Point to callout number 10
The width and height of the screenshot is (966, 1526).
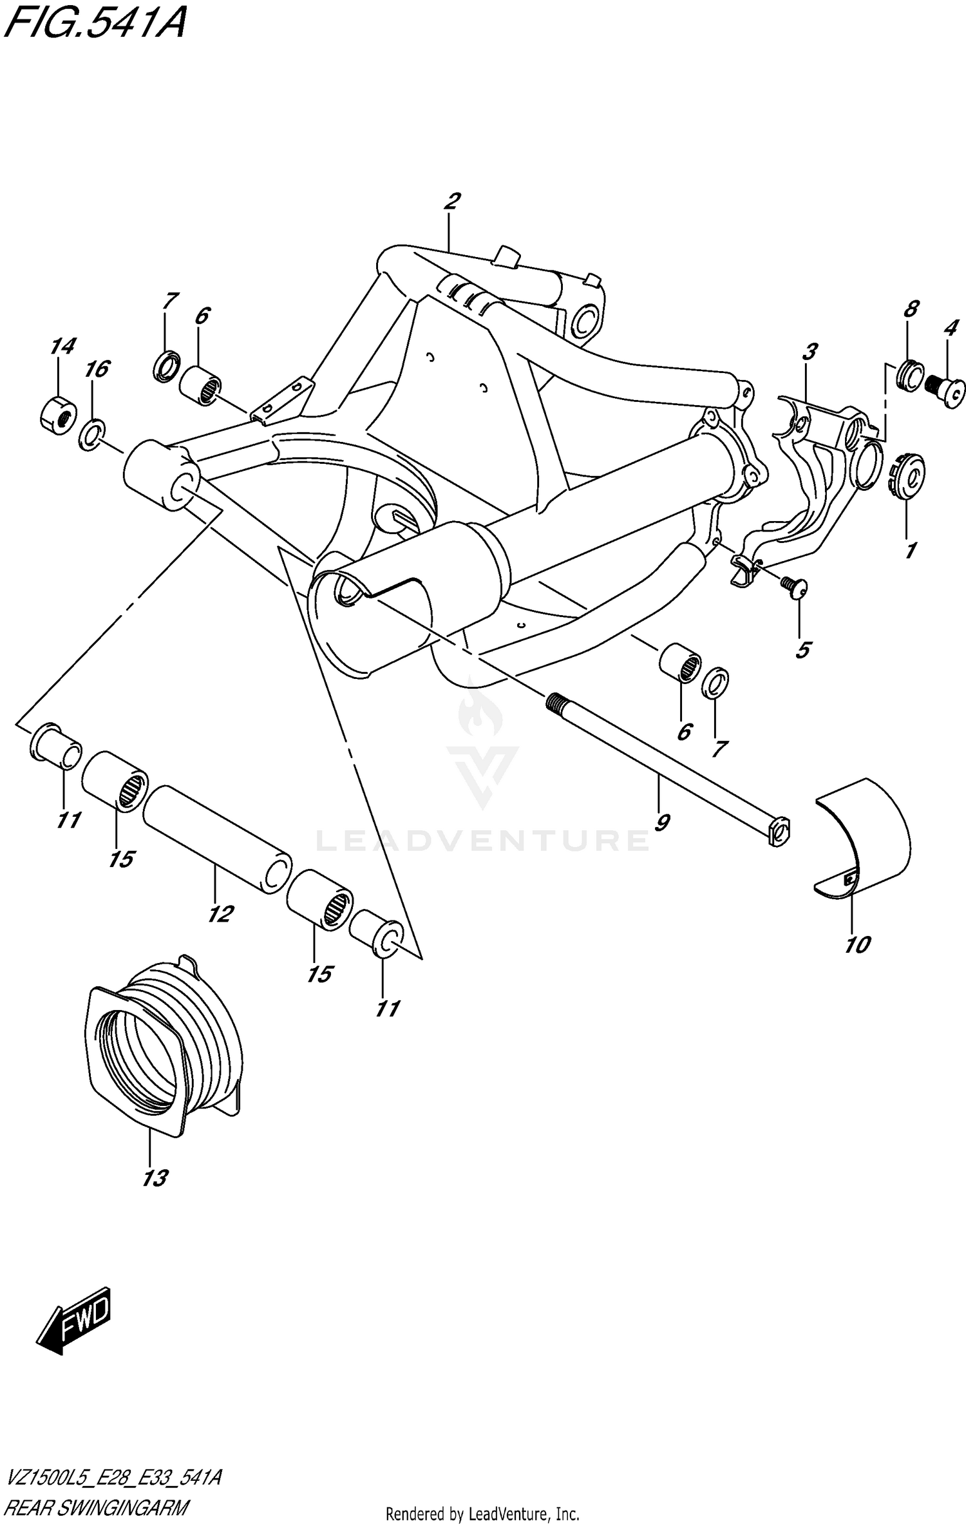point(858,944)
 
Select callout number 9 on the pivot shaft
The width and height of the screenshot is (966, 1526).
point(661,822)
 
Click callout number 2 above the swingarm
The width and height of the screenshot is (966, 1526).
point(451,202)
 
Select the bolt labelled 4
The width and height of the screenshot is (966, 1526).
point(947,390)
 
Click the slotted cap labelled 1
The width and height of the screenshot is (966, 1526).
point(909,477)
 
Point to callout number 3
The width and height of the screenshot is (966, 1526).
point(810,352)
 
